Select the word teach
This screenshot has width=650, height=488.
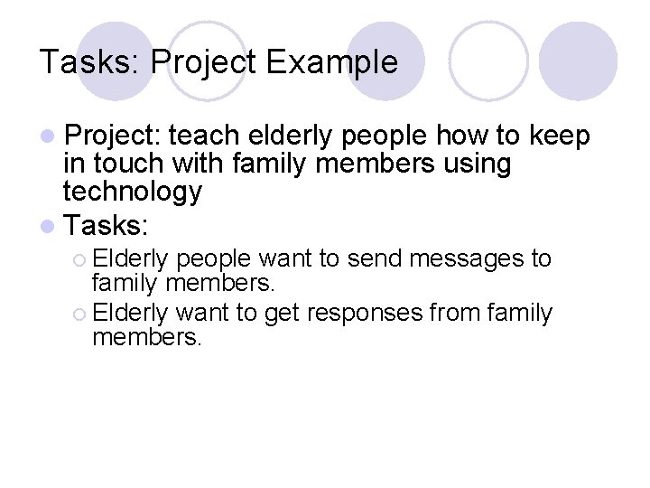click(x=205, y=136)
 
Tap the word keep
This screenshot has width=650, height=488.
click(x=560, y=136)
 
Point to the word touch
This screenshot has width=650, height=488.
click(x=121, y=164)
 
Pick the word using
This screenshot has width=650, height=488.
click(x=474, y=164)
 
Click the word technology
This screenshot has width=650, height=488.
click(x=132, y=192)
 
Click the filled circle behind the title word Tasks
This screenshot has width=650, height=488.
click(x=116, y=61)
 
